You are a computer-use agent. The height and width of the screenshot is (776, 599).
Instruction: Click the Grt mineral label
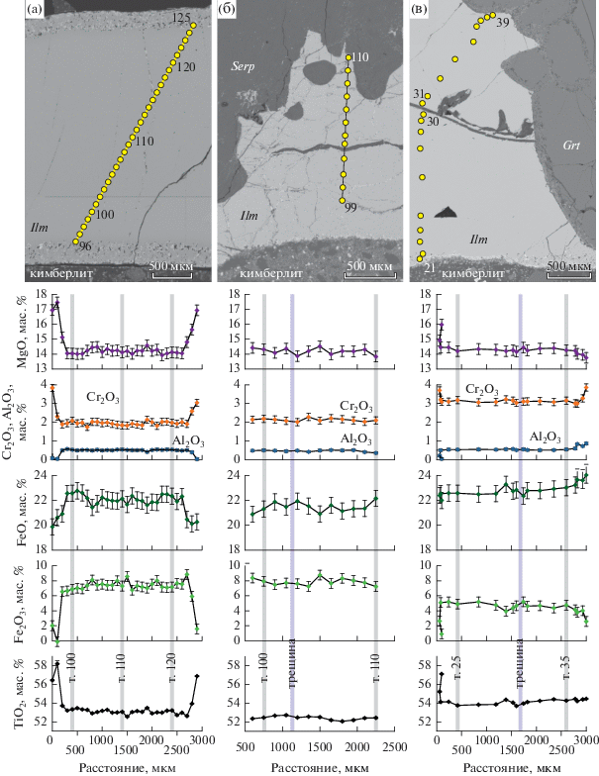(571, 144)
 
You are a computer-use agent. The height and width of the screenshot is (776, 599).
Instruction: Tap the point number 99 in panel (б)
(351, 207)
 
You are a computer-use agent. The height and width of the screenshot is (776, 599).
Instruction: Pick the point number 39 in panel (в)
(503, 22)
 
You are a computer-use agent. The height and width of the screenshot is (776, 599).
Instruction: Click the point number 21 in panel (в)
(430, 267)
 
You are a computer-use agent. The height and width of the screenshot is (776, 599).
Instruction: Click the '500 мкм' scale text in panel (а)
(171, 265)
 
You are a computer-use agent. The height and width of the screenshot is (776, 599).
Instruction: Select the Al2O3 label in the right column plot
(539, 436)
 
